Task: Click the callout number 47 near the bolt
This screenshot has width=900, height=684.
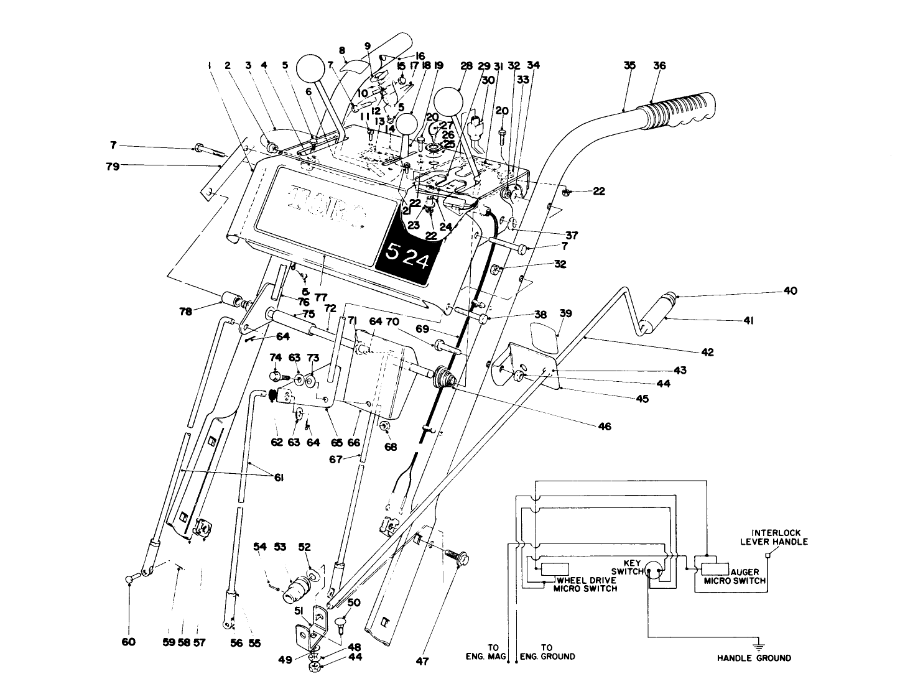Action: click(x=422, y=662)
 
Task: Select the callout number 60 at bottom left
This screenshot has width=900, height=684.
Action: click(x=129, y=643)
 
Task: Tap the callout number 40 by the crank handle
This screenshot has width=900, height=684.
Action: click(x=790, y=291)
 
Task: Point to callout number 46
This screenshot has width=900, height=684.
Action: click(x=604, y=427)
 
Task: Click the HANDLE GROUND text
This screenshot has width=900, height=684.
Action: click(x=754, y=658)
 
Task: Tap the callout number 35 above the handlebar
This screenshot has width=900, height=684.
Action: click(x=629, y=65)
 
